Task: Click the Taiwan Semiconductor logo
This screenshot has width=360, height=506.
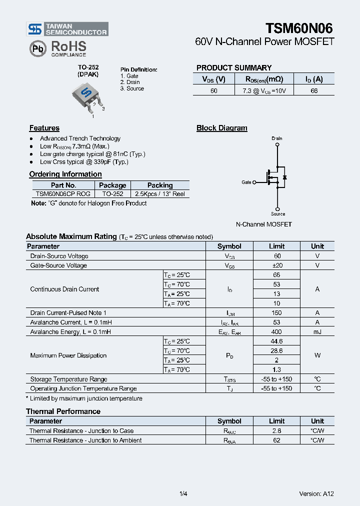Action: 67,29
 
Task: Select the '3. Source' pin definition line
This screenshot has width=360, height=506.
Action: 132,88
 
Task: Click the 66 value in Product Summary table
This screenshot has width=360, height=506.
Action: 314,90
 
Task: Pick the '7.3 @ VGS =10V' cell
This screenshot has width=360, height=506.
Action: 264,90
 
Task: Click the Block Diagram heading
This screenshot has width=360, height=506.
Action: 221,128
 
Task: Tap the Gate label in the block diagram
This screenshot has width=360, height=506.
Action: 246,182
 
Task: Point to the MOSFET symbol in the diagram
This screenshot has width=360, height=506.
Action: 275,177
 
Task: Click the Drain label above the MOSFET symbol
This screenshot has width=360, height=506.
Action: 277,138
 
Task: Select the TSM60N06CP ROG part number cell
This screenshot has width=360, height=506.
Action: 63,194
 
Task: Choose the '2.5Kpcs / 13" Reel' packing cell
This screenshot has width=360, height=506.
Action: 159,194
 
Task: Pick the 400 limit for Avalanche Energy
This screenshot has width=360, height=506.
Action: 276,332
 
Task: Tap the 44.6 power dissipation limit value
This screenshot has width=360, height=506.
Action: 276,341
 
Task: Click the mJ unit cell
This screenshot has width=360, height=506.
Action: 317,332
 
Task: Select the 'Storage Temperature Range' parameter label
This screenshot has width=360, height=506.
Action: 68,379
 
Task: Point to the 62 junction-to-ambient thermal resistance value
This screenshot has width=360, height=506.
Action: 276,440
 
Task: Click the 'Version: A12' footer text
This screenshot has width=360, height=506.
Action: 316,493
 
